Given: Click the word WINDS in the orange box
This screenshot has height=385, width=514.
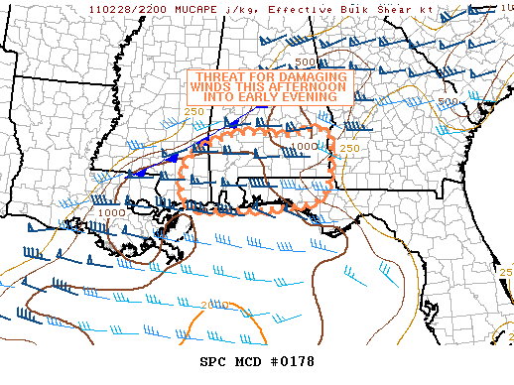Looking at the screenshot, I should coord(206,87).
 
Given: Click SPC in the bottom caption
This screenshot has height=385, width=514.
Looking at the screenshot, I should coord(213,361).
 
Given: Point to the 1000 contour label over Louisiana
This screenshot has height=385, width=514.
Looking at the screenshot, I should coord(111,211).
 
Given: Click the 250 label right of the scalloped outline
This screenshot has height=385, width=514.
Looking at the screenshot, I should coord(349,148).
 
